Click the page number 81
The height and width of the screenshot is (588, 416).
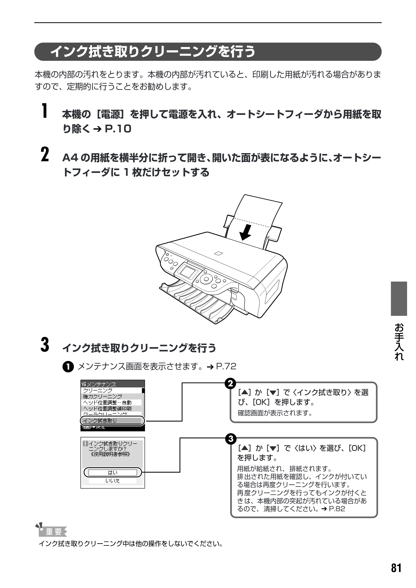coord(396,568)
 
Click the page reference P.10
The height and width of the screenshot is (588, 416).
coord(118,129)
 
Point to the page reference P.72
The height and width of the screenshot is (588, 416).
coord(226,366)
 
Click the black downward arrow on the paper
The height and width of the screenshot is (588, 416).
coord(245,232)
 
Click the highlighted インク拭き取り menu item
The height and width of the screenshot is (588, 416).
coord(113,421)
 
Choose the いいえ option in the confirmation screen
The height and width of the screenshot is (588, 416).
coord(113,481)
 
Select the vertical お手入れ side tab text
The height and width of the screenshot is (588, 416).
coord(399,342)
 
